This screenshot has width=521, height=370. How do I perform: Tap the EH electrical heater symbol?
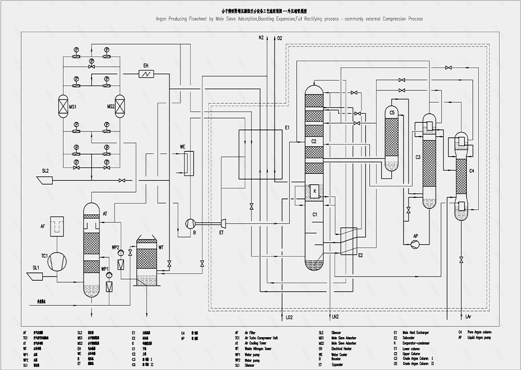(146, 74)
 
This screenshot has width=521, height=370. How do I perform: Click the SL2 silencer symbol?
(44, 180)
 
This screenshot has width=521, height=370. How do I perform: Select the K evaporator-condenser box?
(315, 191)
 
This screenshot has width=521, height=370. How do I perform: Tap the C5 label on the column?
(391, 113)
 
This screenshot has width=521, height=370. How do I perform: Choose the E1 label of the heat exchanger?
(287, 127)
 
